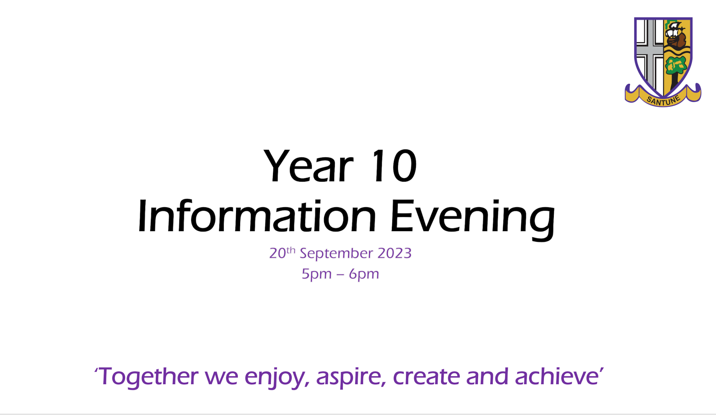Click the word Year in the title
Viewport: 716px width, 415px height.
pyautogui.click(x=308, y=166)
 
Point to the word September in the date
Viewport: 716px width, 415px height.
pyautogui.click(x=336, y=254)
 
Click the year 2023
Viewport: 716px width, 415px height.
pyautogui.click(x=394, y=253)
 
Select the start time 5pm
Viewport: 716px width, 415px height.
pyautogui.click(x=317, y=275)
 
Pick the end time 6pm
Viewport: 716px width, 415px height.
pyautogui.click(x=364, y=275)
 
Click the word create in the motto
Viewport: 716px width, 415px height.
pyautogui.click(x=427, y=377)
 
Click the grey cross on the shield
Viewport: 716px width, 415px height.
pyautogui.click(x=650, y=52)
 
